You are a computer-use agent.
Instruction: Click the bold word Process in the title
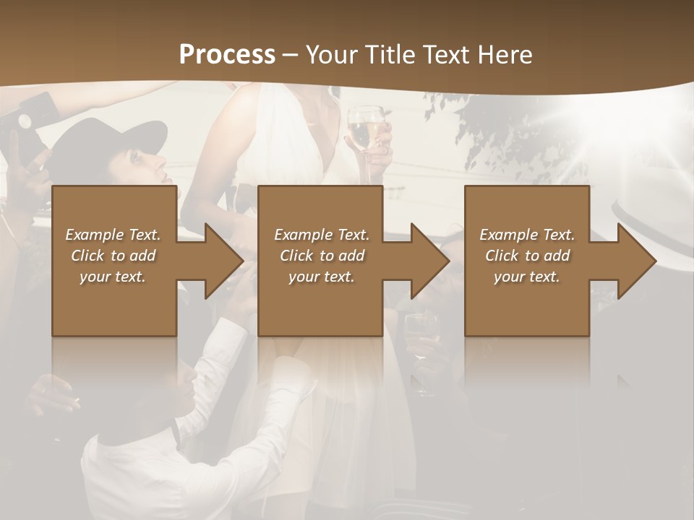pos(227,55)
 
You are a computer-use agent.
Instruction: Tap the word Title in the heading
pos(391,55)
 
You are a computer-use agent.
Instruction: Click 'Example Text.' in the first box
pos(113,235)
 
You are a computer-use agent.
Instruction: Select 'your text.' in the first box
pos(113,277)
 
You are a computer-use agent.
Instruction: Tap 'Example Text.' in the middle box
pos(322,235)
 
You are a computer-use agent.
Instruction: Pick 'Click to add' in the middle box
pos(322,256)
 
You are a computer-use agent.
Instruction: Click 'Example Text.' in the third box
pos(527,235)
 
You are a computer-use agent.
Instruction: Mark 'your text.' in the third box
pos(527,277)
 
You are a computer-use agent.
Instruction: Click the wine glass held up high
pos(366,130)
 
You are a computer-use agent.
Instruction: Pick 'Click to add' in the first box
pos(113,256)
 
